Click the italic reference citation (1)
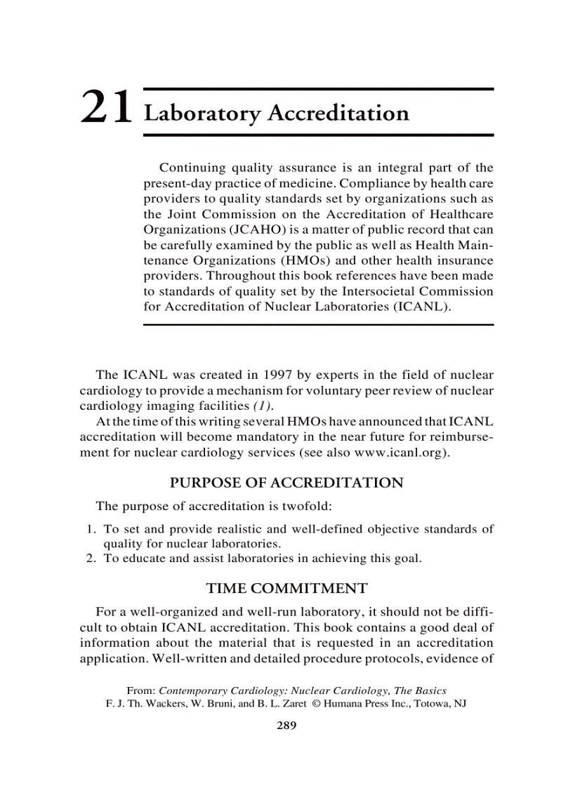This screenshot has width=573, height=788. [x=263, y=406]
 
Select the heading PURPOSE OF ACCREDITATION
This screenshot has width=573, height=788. [x=286, y=483]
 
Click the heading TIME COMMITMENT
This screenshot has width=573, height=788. [x=286, y=588]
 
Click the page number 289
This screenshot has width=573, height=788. [x=286, y=726]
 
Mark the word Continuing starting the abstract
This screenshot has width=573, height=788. [x=192, y=168]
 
